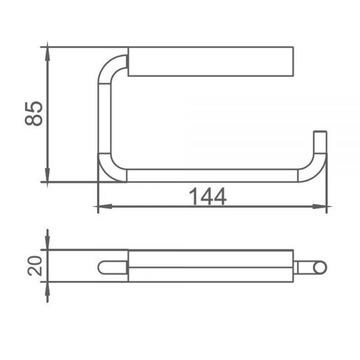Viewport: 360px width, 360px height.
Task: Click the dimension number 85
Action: pos(34,113)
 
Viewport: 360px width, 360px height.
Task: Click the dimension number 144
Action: pos(208,196)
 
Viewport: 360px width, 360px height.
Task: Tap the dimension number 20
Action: pos(35,266)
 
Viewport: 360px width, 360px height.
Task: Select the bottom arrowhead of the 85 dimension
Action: pos(47,175)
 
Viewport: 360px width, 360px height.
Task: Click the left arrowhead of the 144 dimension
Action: pos(105,206)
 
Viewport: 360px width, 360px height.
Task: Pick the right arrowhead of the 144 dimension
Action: pos(320,206)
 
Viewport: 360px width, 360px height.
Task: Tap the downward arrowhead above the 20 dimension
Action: pos(47,242)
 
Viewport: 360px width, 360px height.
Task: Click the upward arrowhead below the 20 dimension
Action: pos(47,289)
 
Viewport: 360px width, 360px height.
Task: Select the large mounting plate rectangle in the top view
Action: pos(211,61)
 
